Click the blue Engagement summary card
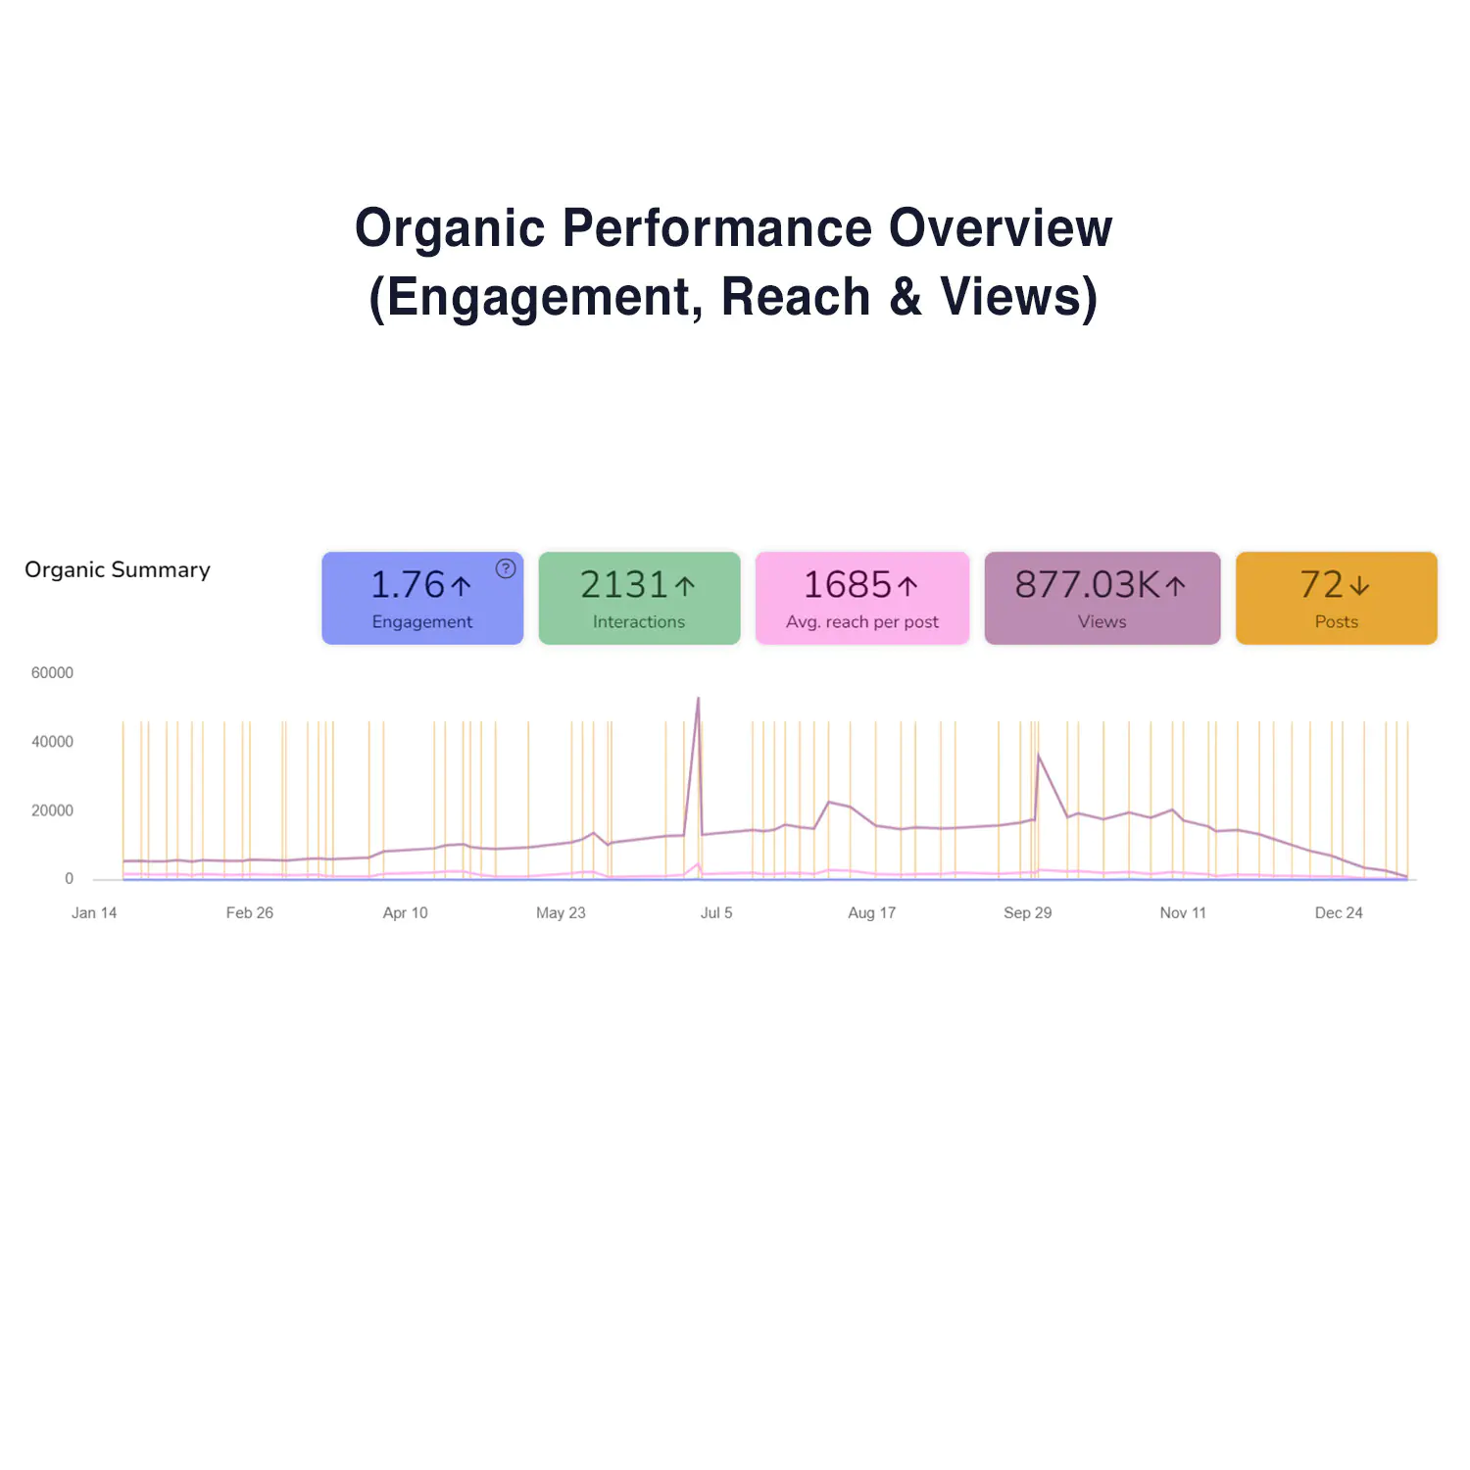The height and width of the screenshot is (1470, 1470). tap(422, 598)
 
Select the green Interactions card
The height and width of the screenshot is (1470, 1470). tap(639, 598)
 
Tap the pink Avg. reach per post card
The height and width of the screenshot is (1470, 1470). tap(862, 598)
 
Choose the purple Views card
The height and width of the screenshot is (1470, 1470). tap(1102, 598)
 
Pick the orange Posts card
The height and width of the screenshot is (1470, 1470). tap(1336, 598)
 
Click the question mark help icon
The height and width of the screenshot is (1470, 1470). tap(506, 568)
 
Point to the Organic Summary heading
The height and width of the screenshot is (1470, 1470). tap(118, 569)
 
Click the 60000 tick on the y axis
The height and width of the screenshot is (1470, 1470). tap(52, 673)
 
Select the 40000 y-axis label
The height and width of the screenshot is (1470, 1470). tap(52, 742)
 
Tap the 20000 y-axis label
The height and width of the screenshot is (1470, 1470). tap(52, 810)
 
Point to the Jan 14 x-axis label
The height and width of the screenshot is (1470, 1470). tap(94, 912)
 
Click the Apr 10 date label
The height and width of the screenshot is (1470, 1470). tap(405, 912)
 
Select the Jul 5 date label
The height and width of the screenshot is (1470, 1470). tap(716, 912)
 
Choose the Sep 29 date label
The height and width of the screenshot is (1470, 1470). tap(1027, 912)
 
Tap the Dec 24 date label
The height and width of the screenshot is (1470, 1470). tap(1339, 912)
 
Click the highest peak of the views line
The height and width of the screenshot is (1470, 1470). tap(698, 699)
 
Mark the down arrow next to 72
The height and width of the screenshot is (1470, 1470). tap(1359, 586)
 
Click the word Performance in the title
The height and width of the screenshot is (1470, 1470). tap(716, 228)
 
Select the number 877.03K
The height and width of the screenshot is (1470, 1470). tap(1088, 585)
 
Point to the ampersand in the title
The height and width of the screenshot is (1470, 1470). tap(906, 297)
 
